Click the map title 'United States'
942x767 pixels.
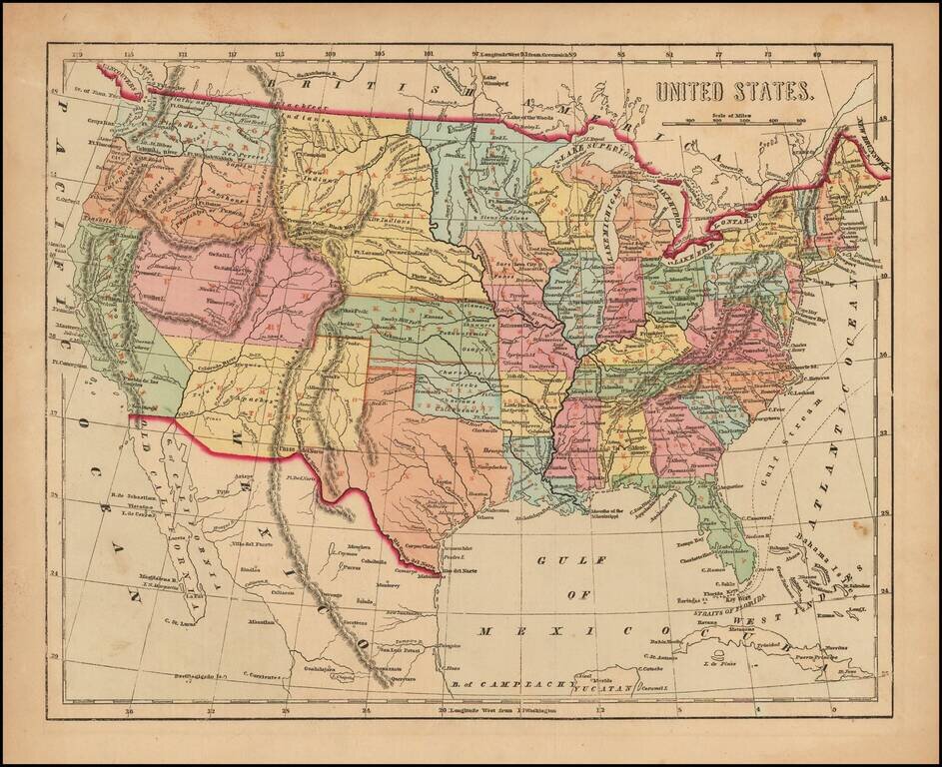tap(732, 92)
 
